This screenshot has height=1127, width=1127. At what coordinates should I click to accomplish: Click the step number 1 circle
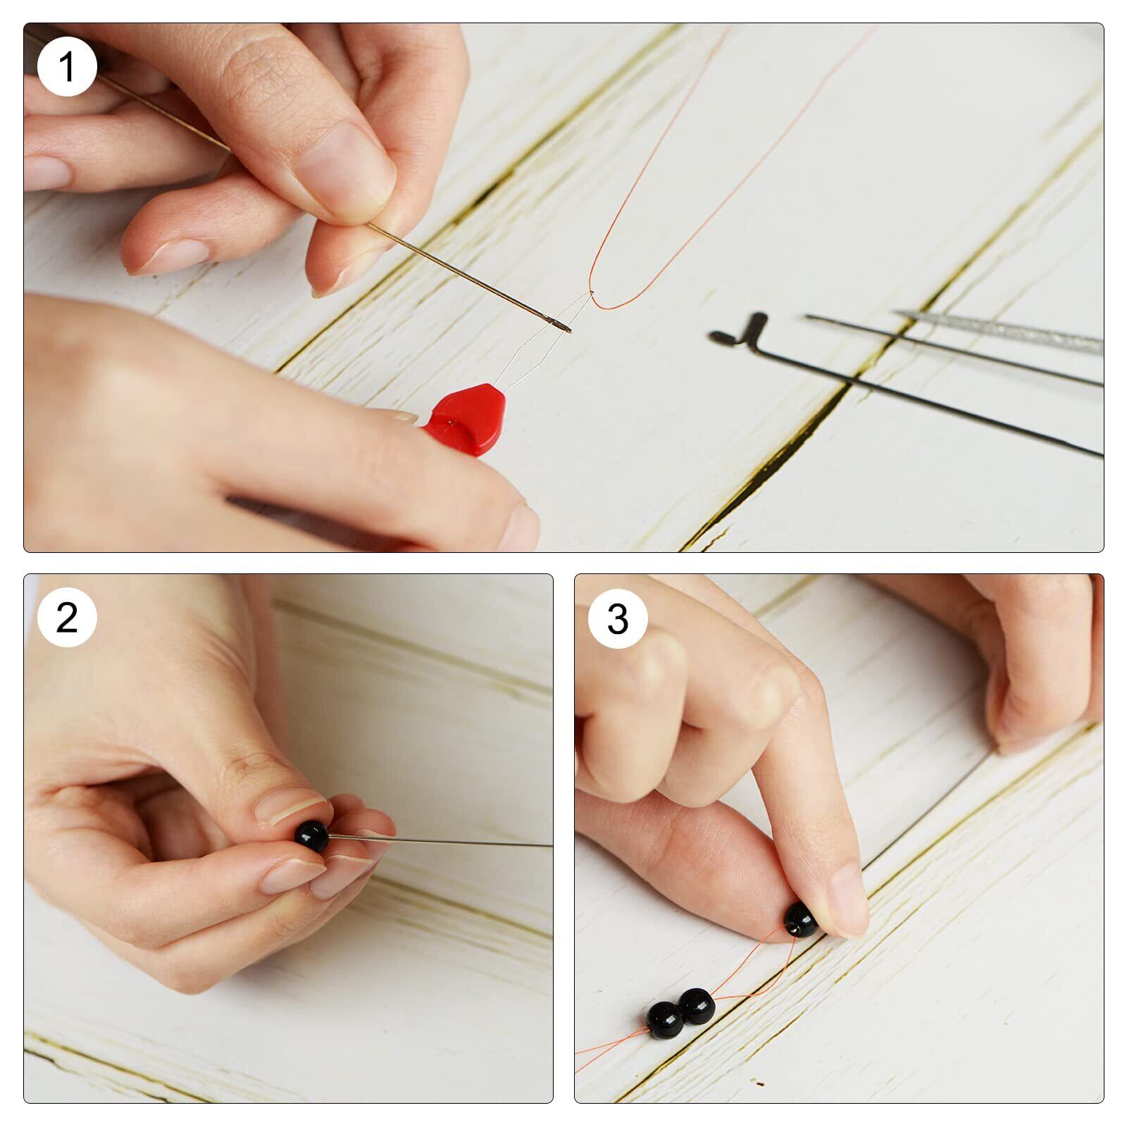67,68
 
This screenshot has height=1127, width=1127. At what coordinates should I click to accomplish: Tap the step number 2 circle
67,617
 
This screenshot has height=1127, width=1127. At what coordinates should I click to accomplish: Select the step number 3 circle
618,618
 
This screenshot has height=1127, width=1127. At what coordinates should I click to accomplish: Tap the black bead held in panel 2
311,836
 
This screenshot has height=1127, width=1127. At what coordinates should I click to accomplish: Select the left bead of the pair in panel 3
664,1021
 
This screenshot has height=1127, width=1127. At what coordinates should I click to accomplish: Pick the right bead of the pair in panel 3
697,1006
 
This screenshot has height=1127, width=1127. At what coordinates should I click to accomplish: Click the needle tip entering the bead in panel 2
332,837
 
